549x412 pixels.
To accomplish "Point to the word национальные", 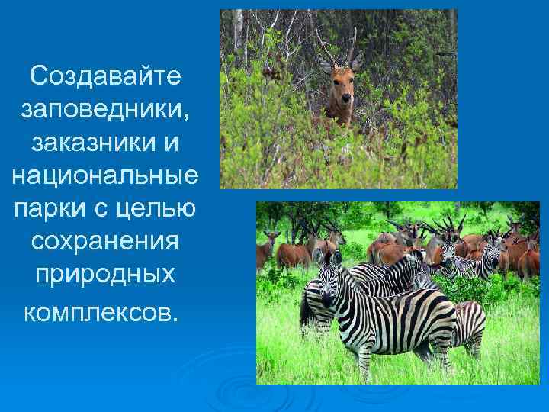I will point(104,175).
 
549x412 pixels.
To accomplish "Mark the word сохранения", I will point(104,240).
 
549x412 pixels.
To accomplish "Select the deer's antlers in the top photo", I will point(340,46).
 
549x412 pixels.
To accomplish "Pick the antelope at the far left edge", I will point(264,248).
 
